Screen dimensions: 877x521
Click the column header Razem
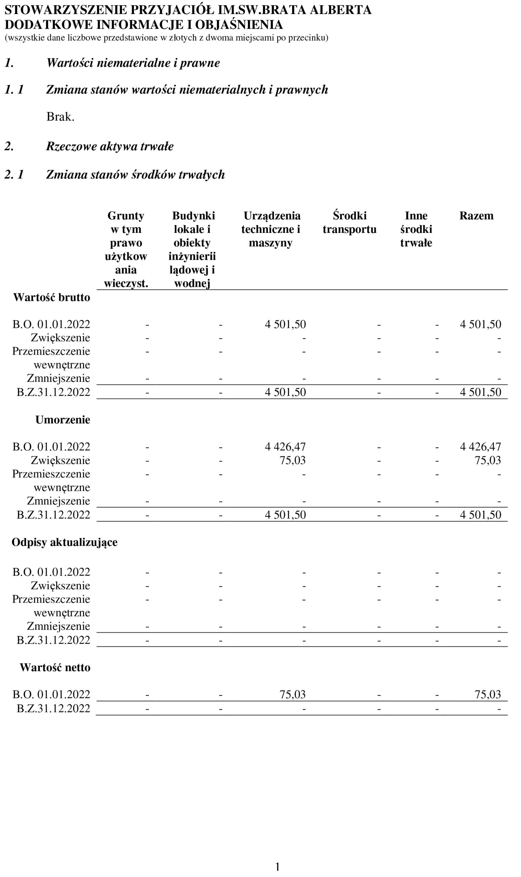point(476,216)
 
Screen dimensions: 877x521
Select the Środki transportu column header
point(349,222)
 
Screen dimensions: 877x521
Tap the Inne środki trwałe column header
point(416,229)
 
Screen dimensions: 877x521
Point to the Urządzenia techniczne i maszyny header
point(271,229)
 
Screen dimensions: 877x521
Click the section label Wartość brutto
point(52,297)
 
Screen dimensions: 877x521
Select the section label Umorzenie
point(62,420)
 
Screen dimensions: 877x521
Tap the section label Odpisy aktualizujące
point(64,542)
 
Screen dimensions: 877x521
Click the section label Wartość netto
point(55,668)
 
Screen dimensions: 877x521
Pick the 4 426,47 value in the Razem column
point(480,447)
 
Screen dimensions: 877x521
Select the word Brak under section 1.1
point(60,117)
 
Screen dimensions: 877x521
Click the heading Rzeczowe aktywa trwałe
point(110,146)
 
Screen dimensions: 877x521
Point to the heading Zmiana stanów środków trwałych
point(135,175)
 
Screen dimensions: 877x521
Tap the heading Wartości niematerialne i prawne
point(133,63)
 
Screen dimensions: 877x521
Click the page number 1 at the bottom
point(277,867)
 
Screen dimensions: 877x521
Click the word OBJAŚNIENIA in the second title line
point(239,25)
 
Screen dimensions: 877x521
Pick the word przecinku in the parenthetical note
point(308,38)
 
